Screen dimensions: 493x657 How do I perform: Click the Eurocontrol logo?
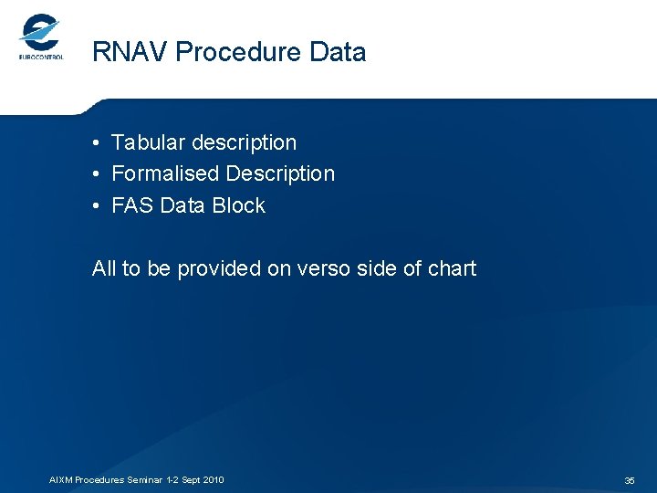click(x=41, y=37)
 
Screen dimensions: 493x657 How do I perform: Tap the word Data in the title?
click(x=338, y=52)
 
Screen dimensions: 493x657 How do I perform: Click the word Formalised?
click(x=165, y=173)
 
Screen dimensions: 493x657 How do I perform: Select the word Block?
click(x=239, y=205)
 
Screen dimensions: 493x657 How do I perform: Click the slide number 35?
click(x=630, y=480)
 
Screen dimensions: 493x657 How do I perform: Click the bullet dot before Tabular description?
click(x=96, y=143)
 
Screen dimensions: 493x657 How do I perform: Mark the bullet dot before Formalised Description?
click(x=96, y=174)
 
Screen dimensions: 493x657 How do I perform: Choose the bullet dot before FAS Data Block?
click(x=96, y=206)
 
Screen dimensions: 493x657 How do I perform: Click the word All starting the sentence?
click(x=104, y=268)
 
